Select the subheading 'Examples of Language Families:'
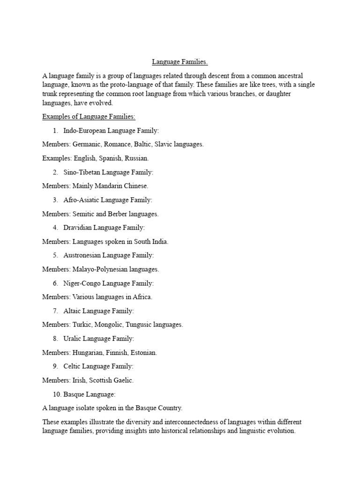coord(89,117)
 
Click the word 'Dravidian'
coord(77,228)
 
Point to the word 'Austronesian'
coord(82,255)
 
